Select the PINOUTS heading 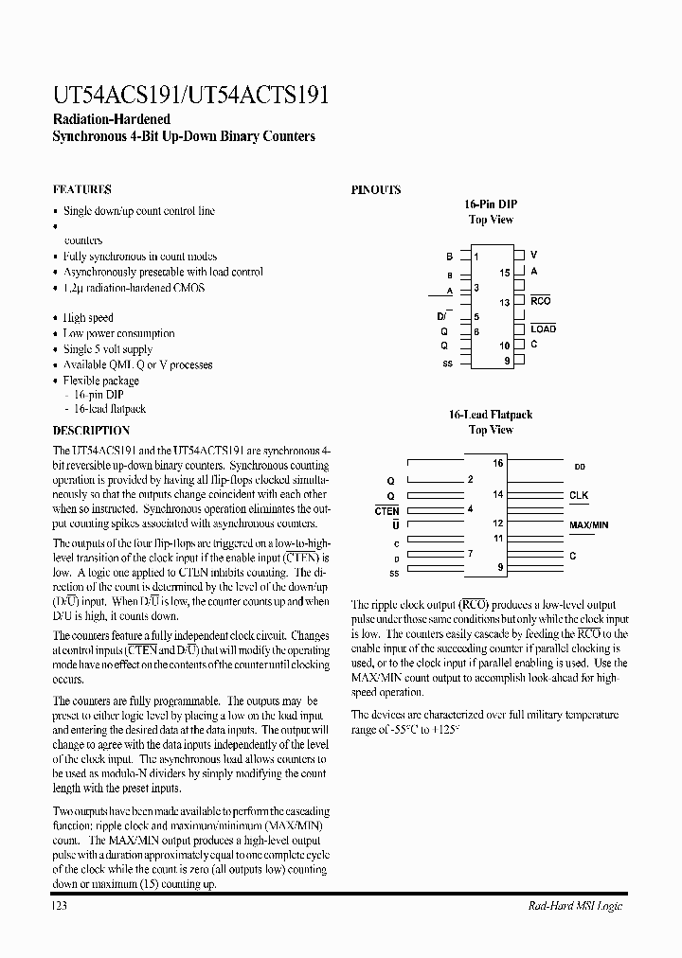click(x=376, y=189)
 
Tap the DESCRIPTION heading click(x=91, y=431)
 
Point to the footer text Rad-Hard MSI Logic click(x=575, y=906)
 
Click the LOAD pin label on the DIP click(x=543, y=329)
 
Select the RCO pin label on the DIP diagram click(x=540, y=301)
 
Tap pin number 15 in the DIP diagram click(x=505, y=272)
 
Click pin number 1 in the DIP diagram click(x=476, y=256)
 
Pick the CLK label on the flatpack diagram click(x=578, y=495)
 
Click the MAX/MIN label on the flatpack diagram click(x=588, y=523)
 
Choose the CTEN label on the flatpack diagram click(x=386, y=510)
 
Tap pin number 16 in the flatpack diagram click(x=497, y=463)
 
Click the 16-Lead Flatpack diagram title click(x=491, y=415)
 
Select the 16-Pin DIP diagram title click(x=491, y=204)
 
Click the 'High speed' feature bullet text click(x=88, y=318)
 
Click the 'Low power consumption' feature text click(x=118, y=333)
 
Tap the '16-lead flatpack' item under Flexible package click(x=109, y=409)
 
